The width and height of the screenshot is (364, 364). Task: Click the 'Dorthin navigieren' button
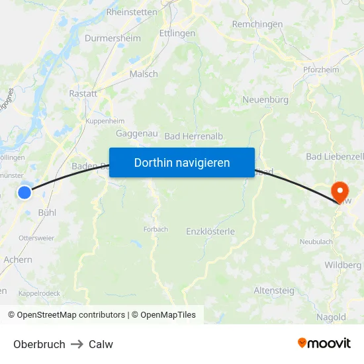(x=182, y=162)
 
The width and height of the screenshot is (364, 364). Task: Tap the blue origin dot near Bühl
(x=24, y=193)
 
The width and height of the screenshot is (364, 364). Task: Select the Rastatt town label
(x=83, y=94)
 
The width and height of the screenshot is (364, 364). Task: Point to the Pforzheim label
(x=321, y=69)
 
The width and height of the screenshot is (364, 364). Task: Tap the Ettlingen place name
(x=177, y=33)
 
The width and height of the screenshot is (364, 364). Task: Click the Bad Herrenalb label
(x=194, y=136)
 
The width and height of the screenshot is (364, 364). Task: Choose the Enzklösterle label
(x=210, y=232)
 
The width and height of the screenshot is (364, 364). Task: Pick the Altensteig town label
(x=275, y=290)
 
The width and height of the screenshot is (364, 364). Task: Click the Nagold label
(x=331, y=317)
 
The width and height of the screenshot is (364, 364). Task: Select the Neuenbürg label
(x=266, y=100)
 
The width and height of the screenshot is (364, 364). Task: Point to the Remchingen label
(x=257, y=24)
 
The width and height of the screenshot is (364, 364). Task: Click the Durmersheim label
(x=113, y=38)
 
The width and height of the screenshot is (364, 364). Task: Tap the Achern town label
(x=18, y=259)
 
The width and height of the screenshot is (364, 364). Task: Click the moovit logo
(x=324, y=343)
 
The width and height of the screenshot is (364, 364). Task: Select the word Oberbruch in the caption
(x=39, y=344)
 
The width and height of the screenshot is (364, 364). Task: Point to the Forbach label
(x=155, y=230)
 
